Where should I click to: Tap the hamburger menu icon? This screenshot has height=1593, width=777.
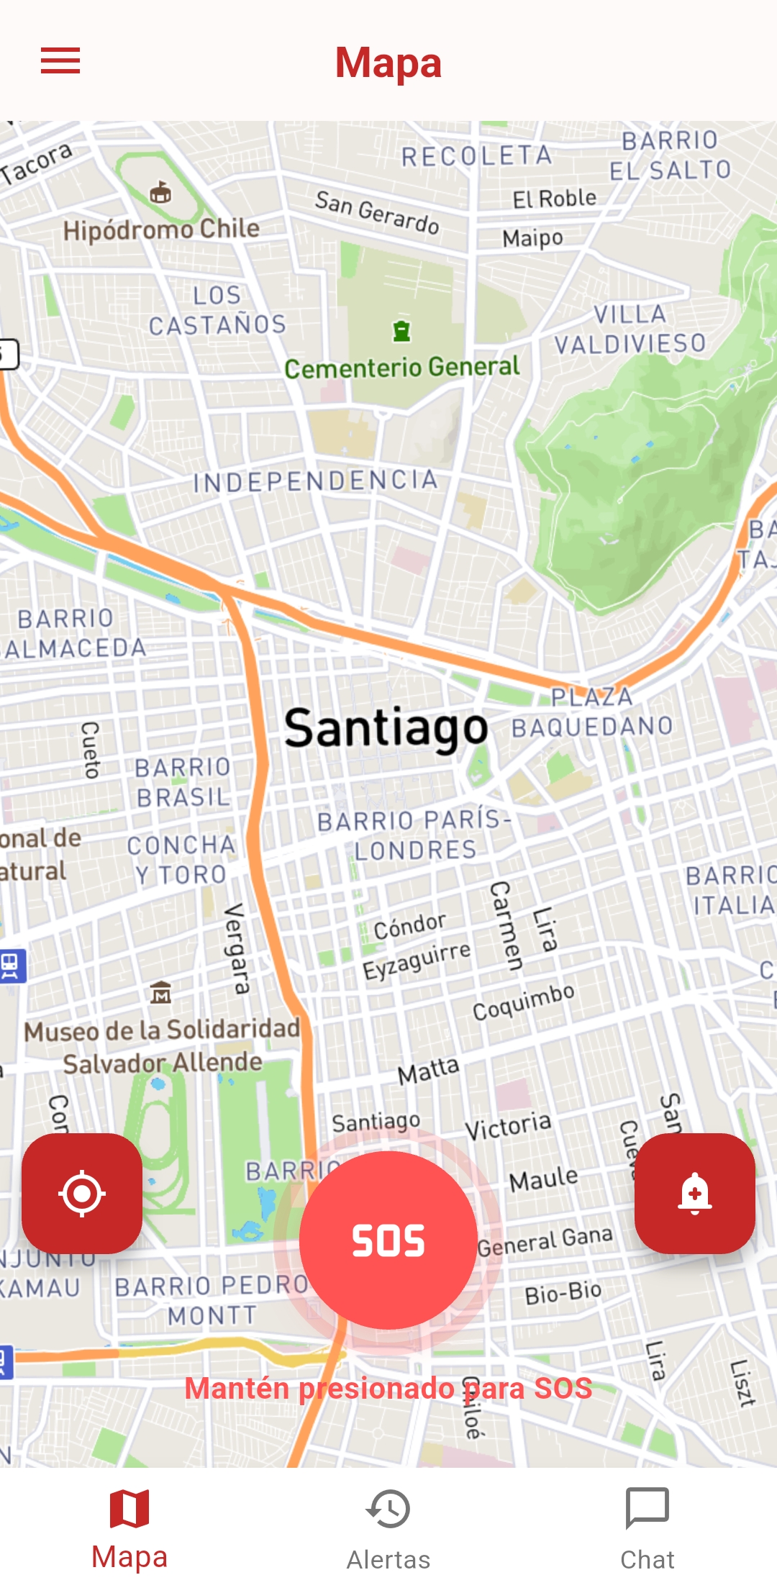[x=60, y=61]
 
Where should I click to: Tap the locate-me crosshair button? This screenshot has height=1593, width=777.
[x=82, y=1194]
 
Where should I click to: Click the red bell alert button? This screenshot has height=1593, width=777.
[x=694, y=1194]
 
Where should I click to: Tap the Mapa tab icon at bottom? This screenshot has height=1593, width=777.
[x=129, y=1509]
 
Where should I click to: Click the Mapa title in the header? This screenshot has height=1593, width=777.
[x=388, y=63]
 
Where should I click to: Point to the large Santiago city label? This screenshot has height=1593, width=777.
[x=386, y=728]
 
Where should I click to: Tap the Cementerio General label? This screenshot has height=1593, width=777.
[x=401, y=368]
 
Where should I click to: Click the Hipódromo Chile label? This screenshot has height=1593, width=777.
[x=161, y=230]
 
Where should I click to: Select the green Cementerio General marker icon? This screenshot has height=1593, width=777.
[x=401, y=331]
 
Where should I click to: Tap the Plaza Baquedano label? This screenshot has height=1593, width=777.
[x=592, y=712]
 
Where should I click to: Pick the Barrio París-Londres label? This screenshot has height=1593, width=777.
[x=414, y=835]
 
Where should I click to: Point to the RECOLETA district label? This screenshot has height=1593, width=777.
[x=476, y=155]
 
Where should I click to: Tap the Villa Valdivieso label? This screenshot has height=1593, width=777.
[x=630, y=329]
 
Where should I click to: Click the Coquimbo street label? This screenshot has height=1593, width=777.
[x=523, y=1001]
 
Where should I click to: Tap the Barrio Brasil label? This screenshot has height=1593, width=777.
[x=183, y=782]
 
